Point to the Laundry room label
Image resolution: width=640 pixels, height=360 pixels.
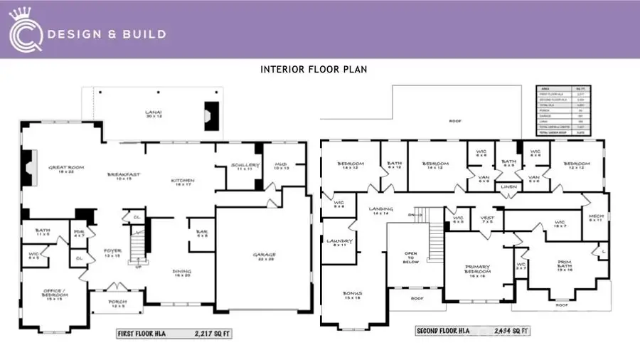tap(340, 243)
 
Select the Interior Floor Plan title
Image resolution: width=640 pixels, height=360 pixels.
tap(314, 69)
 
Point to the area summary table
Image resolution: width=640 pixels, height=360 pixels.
tap(567, 110)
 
